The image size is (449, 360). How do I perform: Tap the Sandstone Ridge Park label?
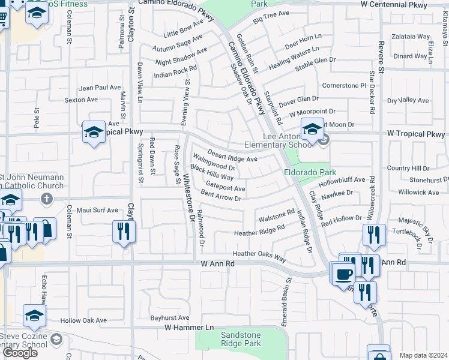click(241, 339)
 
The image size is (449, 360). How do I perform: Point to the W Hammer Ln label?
click(189, 328)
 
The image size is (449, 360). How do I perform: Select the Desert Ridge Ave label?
click(232, 155)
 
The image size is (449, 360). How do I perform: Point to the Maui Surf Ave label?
click(98, 210)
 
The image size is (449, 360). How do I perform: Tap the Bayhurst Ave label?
click(170, 317)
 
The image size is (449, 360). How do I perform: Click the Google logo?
click(20, 352)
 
